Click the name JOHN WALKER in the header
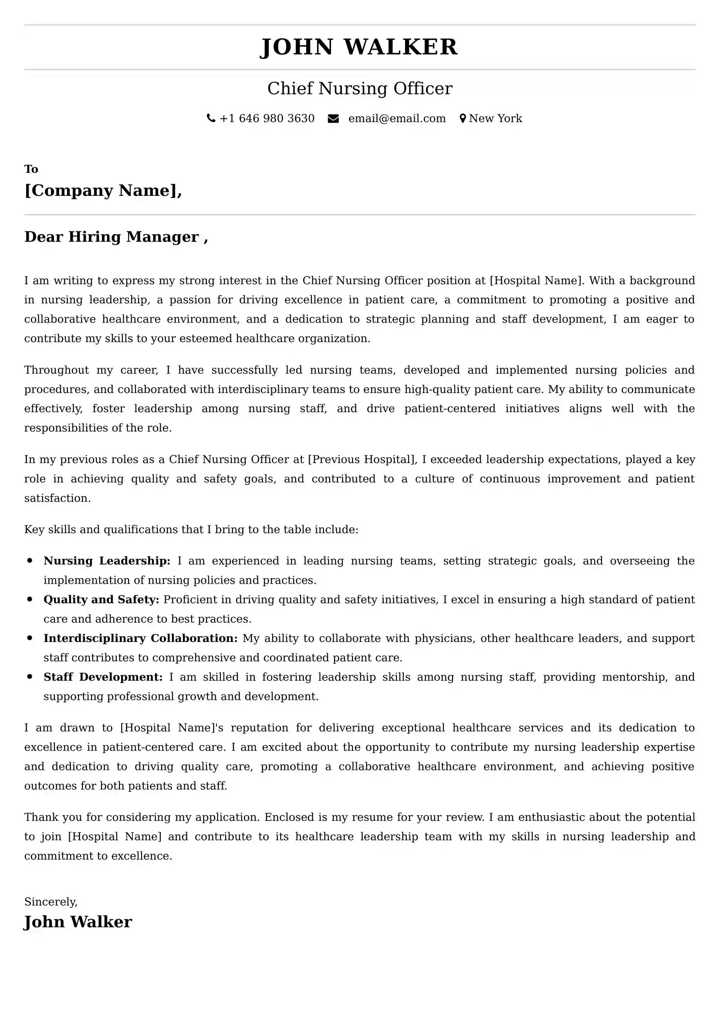358,47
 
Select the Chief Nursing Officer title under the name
360,88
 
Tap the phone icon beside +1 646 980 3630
211,118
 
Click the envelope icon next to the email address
333,118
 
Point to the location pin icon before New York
463,118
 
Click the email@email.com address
397,118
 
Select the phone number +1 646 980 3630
267,118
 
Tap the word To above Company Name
31,169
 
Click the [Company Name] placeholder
103,190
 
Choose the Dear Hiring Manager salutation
116,237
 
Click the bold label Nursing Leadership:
107,561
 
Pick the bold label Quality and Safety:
101,599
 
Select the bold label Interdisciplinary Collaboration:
141,638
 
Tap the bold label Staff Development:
103,677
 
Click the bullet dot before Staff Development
30,677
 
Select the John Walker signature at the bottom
78,922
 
